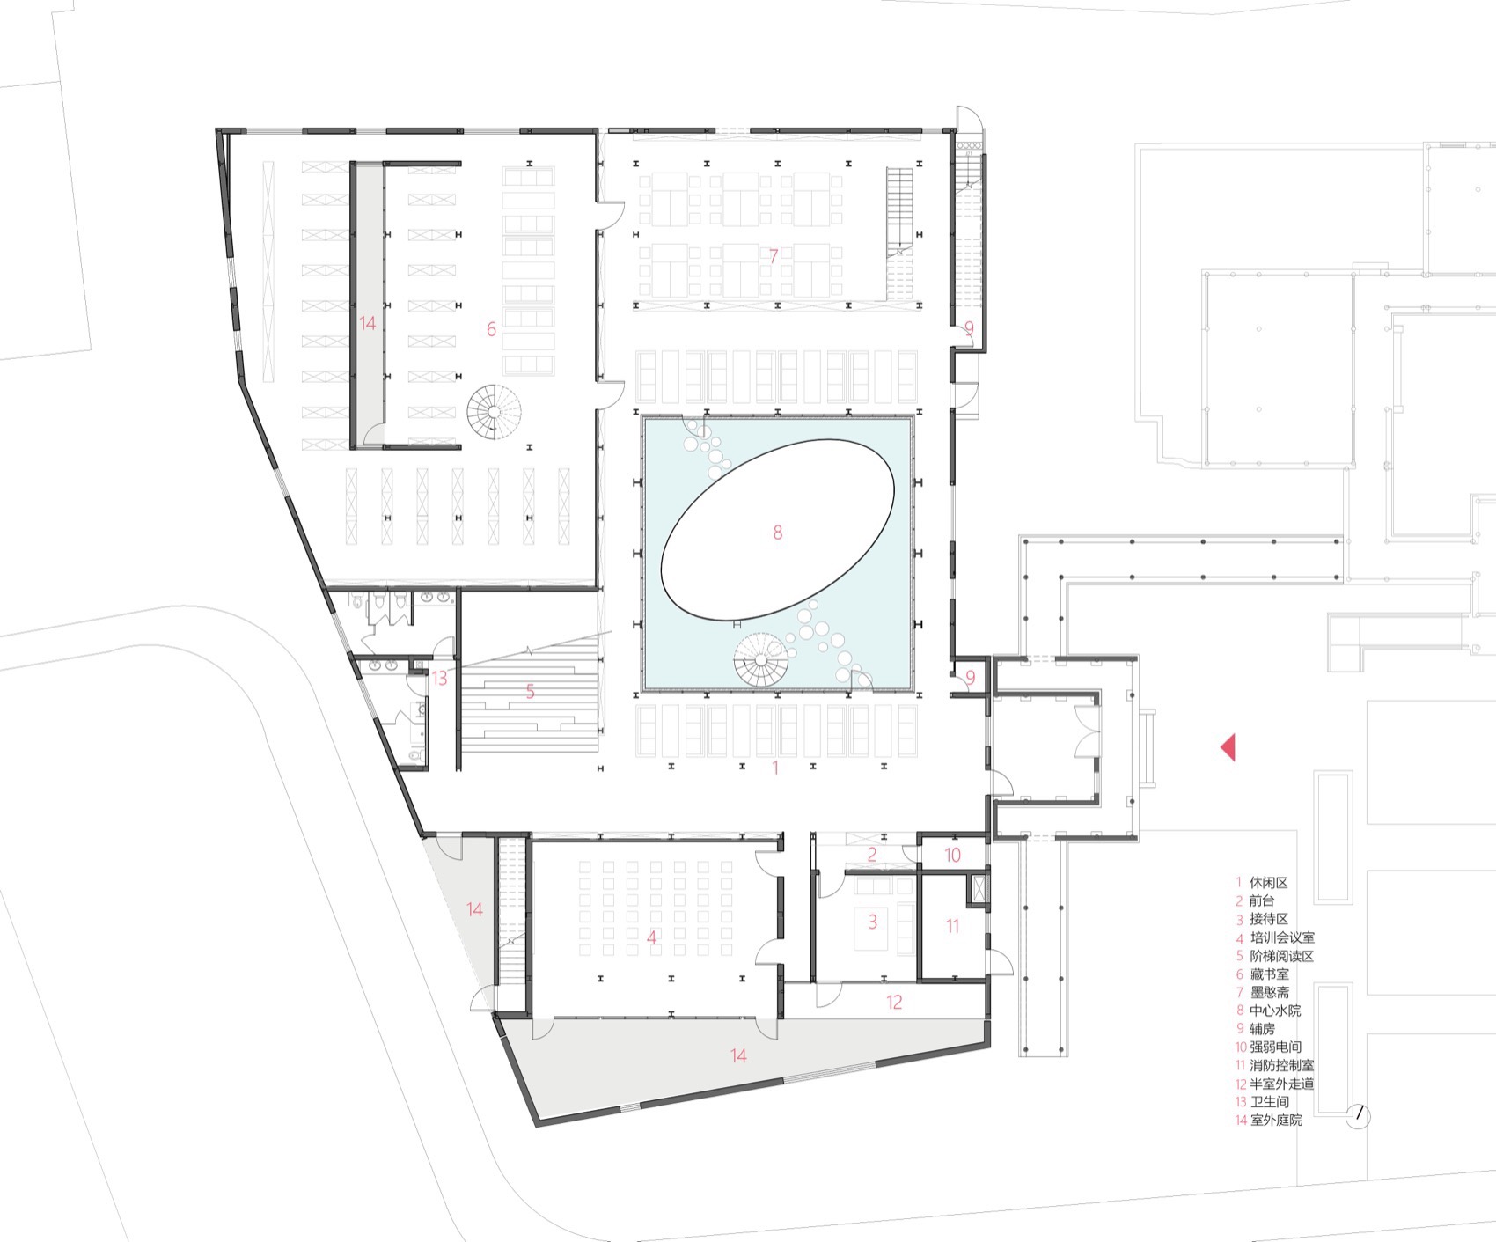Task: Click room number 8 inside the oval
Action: [x=777, y=533]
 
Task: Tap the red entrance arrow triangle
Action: [x=1228, y=747]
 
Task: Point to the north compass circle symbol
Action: [x=1359, y=1117]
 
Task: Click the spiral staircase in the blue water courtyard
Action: [x=760, y=661]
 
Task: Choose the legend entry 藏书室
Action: [x=1269, y=974]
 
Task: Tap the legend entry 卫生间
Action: [x=1269, y=1102]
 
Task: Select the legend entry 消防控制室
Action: [x=1281, y=1065]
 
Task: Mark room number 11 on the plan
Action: [x=952, y=926]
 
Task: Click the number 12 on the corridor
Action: [x=894, y=1002]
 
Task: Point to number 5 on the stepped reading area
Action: [x=531, y=693]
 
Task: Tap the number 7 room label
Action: [x=774, y=256]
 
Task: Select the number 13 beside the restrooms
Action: [x=439, y=679]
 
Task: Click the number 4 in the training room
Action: [x=651, y=938]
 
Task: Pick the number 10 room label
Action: [x=953, y=855]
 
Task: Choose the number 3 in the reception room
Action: [x=873, y=922]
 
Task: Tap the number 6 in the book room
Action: [x=491, y=329]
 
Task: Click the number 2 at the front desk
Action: [x=872, y=855]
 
